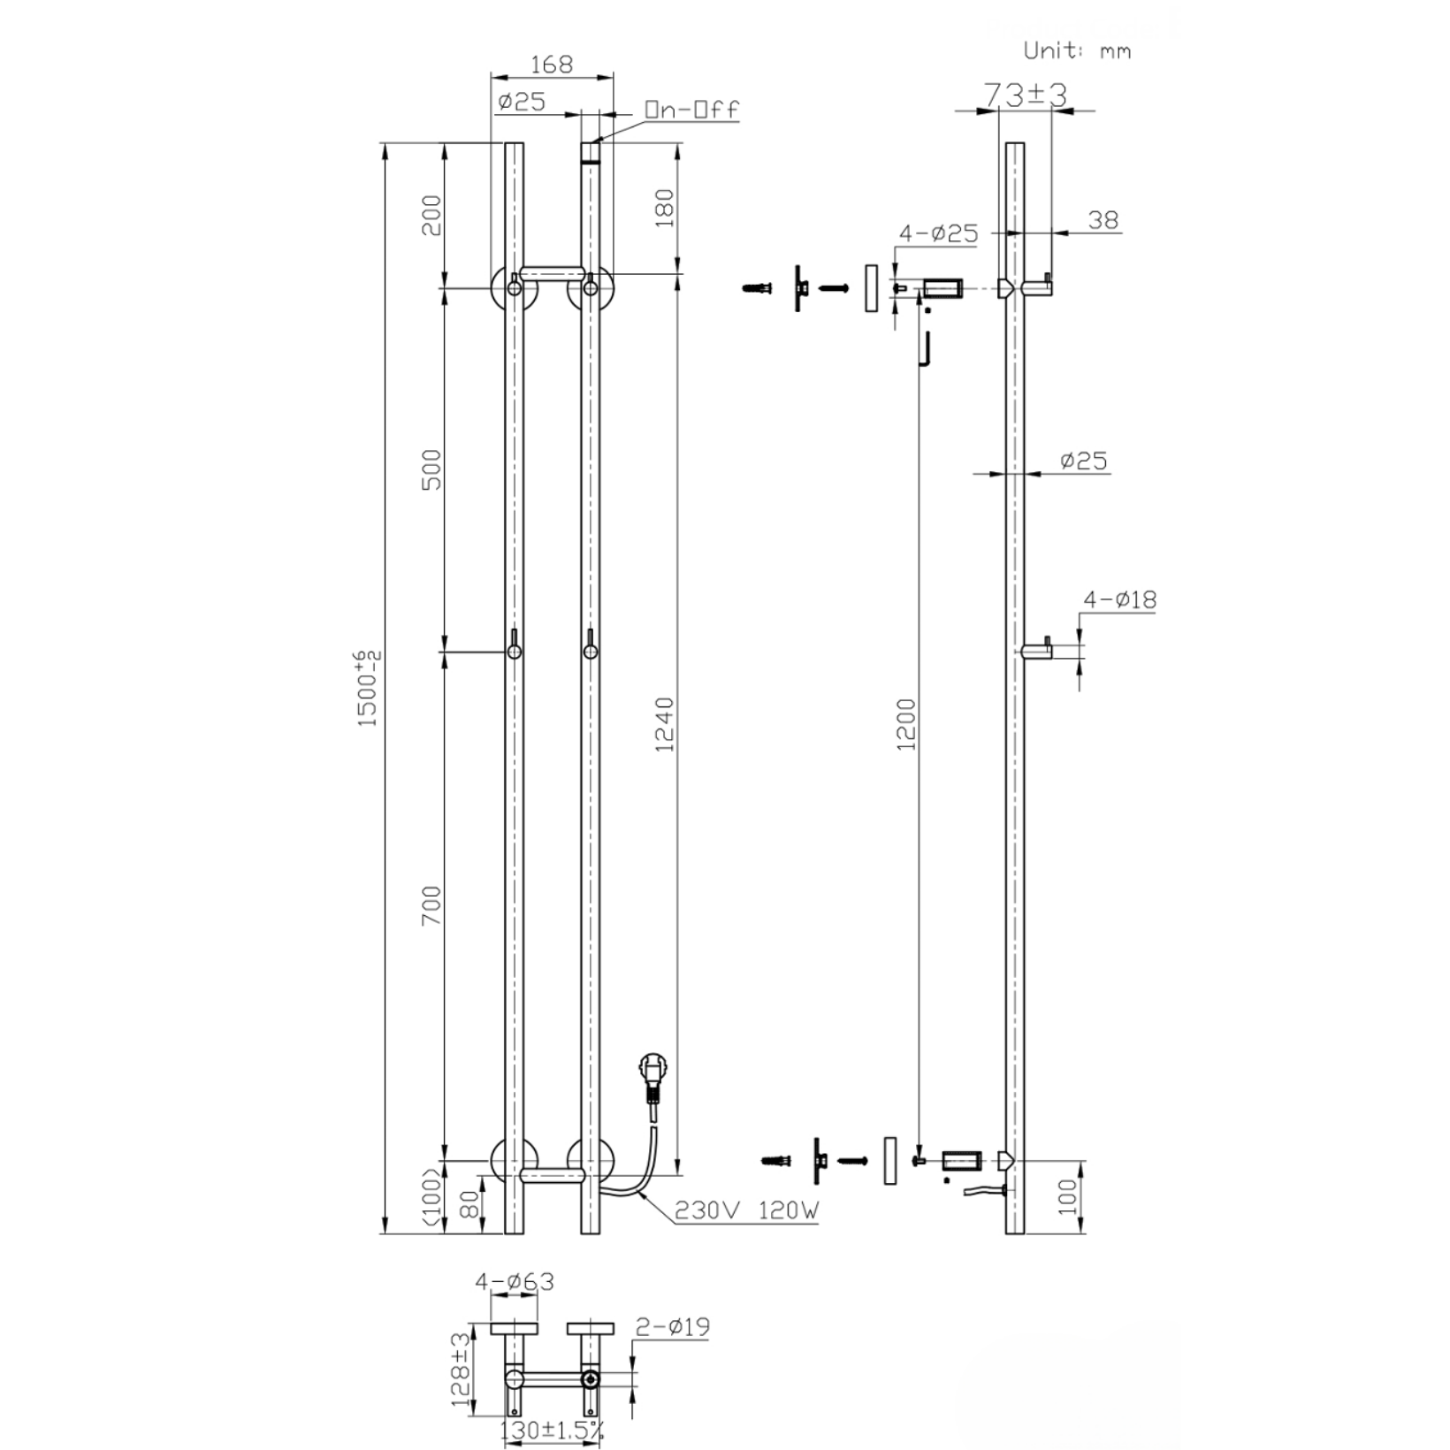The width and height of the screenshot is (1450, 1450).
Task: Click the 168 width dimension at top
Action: point(552,65)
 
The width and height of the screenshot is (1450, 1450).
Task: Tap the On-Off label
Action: point(691,111)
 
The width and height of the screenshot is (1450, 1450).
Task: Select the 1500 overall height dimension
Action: point(368,689)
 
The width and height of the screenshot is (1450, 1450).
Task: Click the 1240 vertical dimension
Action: point(665,724)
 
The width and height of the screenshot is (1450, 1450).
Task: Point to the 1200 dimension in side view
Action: point(907,724)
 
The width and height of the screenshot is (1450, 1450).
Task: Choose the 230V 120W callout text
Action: point(746,1210)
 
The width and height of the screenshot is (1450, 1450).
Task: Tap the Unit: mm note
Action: point(1076,51)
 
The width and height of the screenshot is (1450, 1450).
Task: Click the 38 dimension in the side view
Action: point(1103,219)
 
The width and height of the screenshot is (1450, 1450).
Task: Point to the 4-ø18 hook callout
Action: point(1119,599)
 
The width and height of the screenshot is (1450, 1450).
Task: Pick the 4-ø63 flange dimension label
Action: point(515,1281)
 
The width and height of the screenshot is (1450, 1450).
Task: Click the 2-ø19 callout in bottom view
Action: point(672,1327)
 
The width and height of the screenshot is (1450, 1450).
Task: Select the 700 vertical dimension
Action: point(431,905)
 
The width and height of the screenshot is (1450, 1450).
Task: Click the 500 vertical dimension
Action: point(431,470)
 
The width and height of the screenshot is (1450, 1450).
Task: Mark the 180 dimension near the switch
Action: point(665,208)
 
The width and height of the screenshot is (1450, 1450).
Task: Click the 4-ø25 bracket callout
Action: point(938,233)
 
